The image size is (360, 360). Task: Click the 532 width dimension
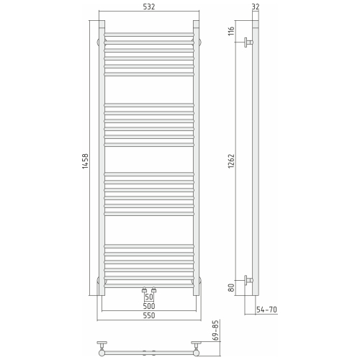(x=149, y=7)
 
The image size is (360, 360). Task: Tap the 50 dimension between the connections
(x=149, y=297)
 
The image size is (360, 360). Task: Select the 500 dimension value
(x=149, y=307)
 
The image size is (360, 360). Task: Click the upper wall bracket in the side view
(x=248, y=44)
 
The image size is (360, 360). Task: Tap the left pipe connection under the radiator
(x=144, y=290)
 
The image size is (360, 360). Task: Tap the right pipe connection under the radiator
(x=154, y=290)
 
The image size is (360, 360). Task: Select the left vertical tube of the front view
(x=102, y=158)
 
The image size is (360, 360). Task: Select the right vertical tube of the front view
(x=197, y=158)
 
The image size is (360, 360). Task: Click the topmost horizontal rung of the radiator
(x=149, y=34)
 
